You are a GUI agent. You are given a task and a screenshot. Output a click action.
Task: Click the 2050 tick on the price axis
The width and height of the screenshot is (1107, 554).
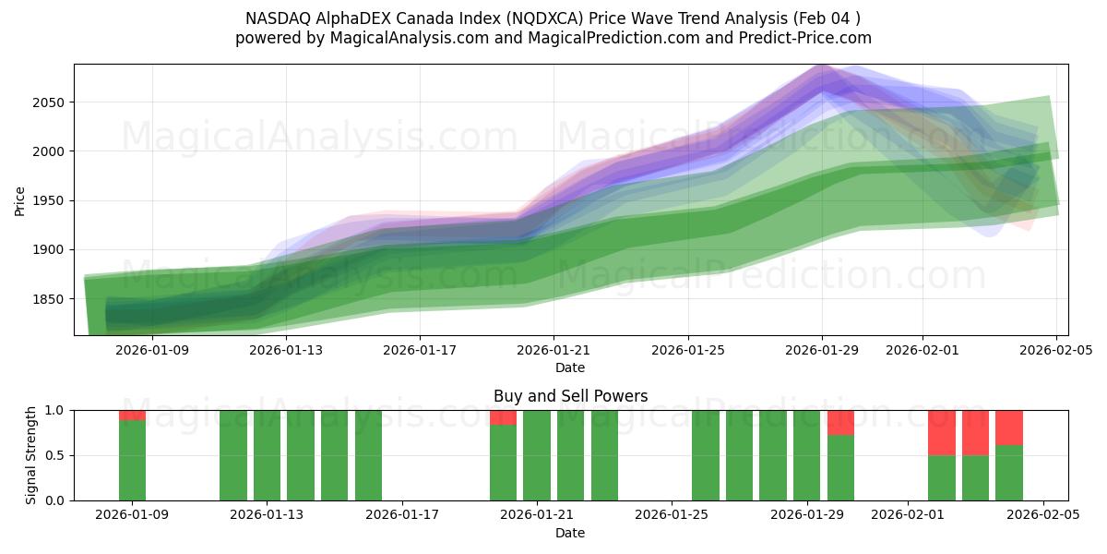(48, 102)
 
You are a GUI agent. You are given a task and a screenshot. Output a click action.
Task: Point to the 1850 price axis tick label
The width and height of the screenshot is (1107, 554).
(48, 299)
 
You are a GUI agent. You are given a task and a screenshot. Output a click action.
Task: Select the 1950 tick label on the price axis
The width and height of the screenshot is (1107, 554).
(48, 200)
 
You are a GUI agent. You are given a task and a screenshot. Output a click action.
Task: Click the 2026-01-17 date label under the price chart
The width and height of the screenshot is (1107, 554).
(420, 350)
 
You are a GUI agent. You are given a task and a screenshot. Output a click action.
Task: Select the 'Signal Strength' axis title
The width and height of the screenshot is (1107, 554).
(31, 455)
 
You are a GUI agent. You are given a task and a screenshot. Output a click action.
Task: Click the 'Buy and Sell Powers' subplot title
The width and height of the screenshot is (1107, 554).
(570, 396)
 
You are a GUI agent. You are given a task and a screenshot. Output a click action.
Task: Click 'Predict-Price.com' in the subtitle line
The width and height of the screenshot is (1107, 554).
(806, 38)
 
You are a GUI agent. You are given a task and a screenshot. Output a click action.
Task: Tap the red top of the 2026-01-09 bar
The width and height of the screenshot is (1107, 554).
(133, 415)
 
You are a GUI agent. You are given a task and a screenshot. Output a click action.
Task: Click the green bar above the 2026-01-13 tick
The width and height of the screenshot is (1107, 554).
(267, 455)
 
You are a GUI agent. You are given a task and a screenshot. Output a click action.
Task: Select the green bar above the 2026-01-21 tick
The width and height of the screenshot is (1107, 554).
(537, 455)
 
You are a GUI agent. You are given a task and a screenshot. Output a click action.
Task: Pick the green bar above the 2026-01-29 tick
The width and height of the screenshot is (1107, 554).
(806, 455)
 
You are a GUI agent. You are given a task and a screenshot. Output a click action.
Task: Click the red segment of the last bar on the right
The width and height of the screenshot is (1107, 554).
(1009, 427)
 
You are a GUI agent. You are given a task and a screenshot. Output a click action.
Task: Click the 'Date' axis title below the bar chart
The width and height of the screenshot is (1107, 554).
(570, 533)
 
